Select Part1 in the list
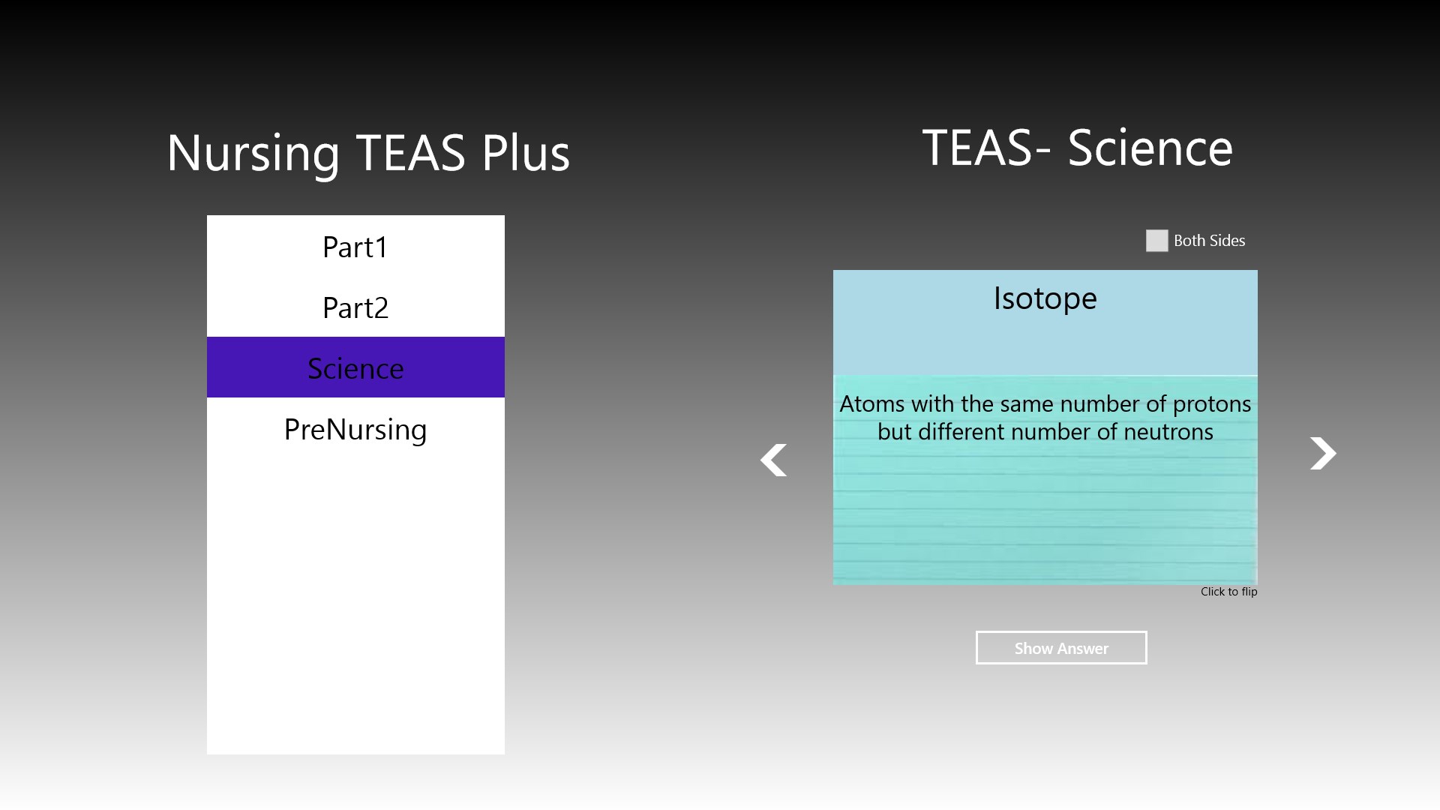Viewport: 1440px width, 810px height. pos(355,247)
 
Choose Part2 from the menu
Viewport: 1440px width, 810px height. pos(355,307)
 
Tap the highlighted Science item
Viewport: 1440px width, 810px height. pos(355,367)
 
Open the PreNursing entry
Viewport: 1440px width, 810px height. pos(355,429)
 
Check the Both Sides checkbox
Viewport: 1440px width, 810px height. pos(1156,241)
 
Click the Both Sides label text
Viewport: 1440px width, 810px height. pos(1209,241)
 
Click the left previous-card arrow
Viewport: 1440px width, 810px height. pos(774,460)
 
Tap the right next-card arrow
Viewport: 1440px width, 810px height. pos(1323,453)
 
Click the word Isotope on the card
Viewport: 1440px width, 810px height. pos(1045,298)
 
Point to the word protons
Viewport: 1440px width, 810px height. pos(1212,404)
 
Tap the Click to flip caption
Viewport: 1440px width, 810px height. pos(1228,592)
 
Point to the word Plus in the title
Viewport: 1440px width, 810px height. pos(526,153)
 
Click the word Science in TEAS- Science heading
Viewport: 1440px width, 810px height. pos(1150,148)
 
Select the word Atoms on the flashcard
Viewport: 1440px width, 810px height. pos(872,404)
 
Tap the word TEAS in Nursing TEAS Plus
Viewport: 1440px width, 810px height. pos(410,153)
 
